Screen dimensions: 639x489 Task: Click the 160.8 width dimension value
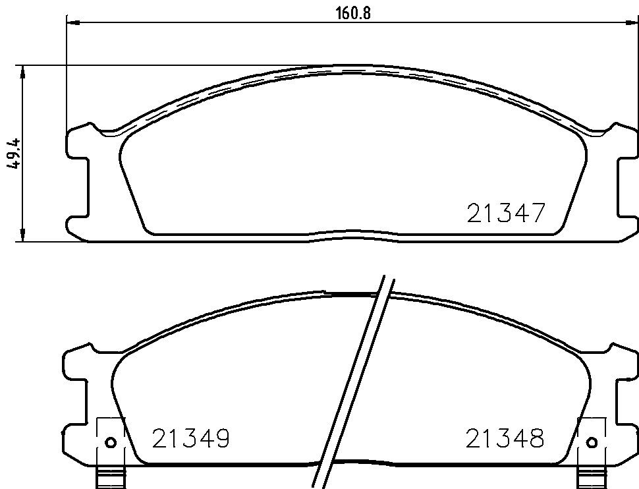pyautogui.click(x=353, y=13)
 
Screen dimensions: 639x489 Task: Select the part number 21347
pyautogui.click(x=505, y=213)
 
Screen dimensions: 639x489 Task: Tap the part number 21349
pyautogui.click(x=191, y=438)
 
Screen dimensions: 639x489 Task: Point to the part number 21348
pyautogui.click(x=505, y=438)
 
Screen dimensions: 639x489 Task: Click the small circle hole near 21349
pyautogui.click(x=111, y=442)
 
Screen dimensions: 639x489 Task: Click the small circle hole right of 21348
pyautogui.click(x=592, y=442)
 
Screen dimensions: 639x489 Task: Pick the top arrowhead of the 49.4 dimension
pyautogui.click(x=23, y=71)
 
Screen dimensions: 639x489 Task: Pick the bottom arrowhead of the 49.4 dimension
pyautogui.click(x=23, y=235)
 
